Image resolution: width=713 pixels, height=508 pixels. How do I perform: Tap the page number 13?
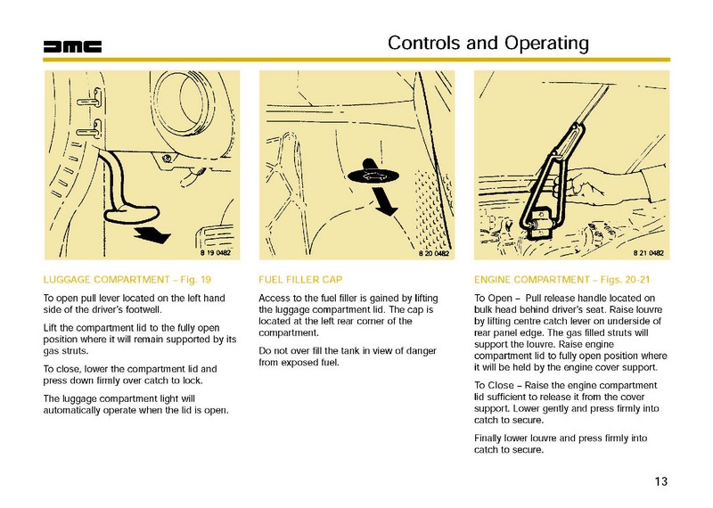(x=660, y=483)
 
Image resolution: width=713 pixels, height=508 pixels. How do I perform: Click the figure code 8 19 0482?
(x=209, y=254)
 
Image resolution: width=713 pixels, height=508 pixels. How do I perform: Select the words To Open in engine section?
(x=493, y=297)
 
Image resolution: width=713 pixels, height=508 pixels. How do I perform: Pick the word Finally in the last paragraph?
(x=490, y=438)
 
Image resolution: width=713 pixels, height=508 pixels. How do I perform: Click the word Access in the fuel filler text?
(x=273, y=297)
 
